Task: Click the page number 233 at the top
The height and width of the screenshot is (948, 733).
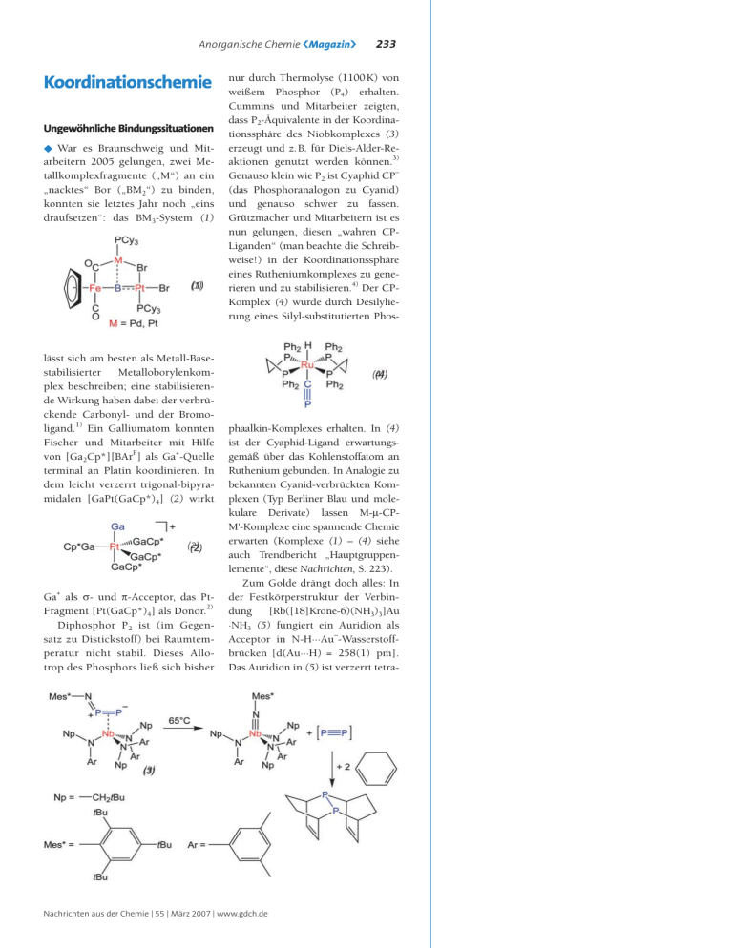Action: pos(387,44)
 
